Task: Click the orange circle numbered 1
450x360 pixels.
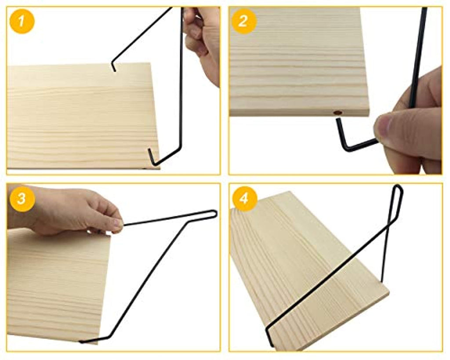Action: click(22, 21)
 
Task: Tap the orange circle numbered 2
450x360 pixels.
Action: click(243, 21)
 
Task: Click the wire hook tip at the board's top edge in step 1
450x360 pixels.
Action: click(115, 69)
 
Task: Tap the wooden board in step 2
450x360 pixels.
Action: click(299, 62)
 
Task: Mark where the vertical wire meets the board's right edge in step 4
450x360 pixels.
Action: click(382, 282)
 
